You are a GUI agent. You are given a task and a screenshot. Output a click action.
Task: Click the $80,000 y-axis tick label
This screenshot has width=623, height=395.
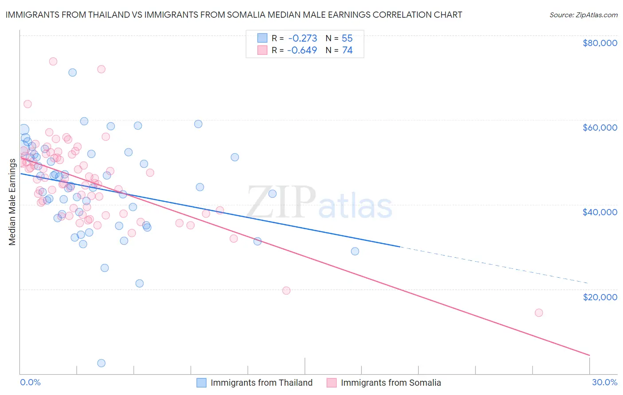point(600,43)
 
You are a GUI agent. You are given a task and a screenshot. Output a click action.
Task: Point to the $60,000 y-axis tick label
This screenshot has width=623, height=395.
point(600,128)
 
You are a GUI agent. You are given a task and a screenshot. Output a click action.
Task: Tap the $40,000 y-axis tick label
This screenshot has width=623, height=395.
point(600,212)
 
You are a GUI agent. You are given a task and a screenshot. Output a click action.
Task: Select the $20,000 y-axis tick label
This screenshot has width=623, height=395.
point(600,297)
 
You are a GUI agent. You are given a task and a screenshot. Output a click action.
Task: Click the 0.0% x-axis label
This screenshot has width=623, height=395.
point(30,382)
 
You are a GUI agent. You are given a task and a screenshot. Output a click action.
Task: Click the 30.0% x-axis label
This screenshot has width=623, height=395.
point(604,382)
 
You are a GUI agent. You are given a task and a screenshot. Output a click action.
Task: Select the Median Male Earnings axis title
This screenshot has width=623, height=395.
point(12,201)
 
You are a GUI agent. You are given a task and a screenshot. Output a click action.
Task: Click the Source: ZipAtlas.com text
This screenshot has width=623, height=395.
point(583,15)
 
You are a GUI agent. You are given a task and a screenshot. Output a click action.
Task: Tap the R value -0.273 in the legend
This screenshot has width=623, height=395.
point(302,38)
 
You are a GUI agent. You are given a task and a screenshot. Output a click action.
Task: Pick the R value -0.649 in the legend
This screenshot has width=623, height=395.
point(302,50)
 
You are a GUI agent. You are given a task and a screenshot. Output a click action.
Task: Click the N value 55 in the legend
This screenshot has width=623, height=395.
point(347,38)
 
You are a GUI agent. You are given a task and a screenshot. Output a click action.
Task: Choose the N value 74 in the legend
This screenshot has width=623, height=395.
point(347,50)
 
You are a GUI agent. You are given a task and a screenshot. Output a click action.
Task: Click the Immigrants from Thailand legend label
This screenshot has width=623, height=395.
point(261,383)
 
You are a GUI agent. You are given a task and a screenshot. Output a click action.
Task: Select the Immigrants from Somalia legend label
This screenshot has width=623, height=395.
point(391,383)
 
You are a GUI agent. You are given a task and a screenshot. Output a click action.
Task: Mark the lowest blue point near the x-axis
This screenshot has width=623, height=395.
point(101,363)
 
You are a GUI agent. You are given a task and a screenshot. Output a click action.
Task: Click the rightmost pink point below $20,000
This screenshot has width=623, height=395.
point(539,313)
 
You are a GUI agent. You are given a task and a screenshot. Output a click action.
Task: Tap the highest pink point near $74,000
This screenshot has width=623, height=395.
point(53,62)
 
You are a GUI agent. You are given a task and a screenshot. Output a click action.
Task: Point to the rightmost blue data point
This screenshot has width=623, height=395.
point(355,251)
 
